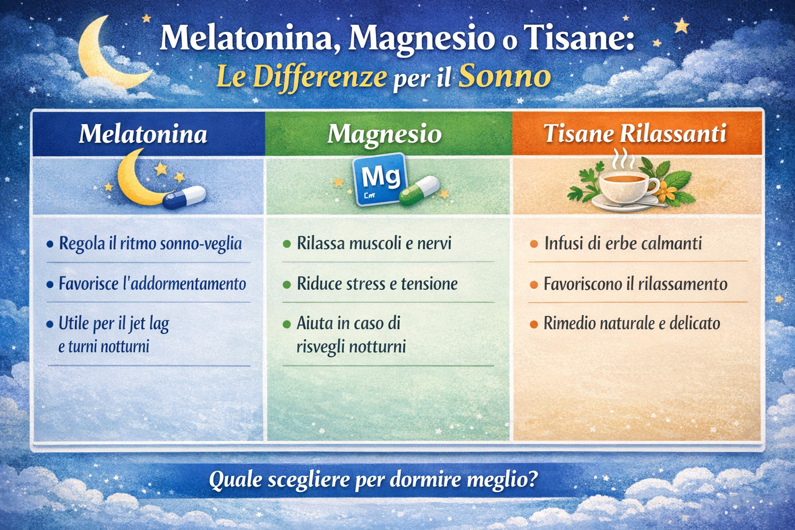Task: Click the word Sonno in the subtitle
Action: coord(505,77)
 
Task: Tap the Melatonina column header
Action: coord(143,134)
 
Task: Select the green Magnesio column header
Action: coord(385,134)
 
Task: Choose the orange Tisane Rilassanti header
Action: coord(635,134)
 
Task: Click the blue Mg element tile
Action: coord(379,179)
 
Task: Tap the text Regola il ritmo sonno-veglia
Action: coord(150,243)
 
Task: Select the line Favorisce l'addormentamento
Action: coord(152,284)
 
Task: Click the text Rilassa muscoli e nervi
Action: coord(374,243)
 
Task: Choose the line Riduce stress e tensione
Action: coord(377,284)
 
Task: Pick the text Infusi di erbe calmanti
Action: coord(623,243)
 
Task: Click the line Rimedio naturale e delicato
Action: coord(631,323)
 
